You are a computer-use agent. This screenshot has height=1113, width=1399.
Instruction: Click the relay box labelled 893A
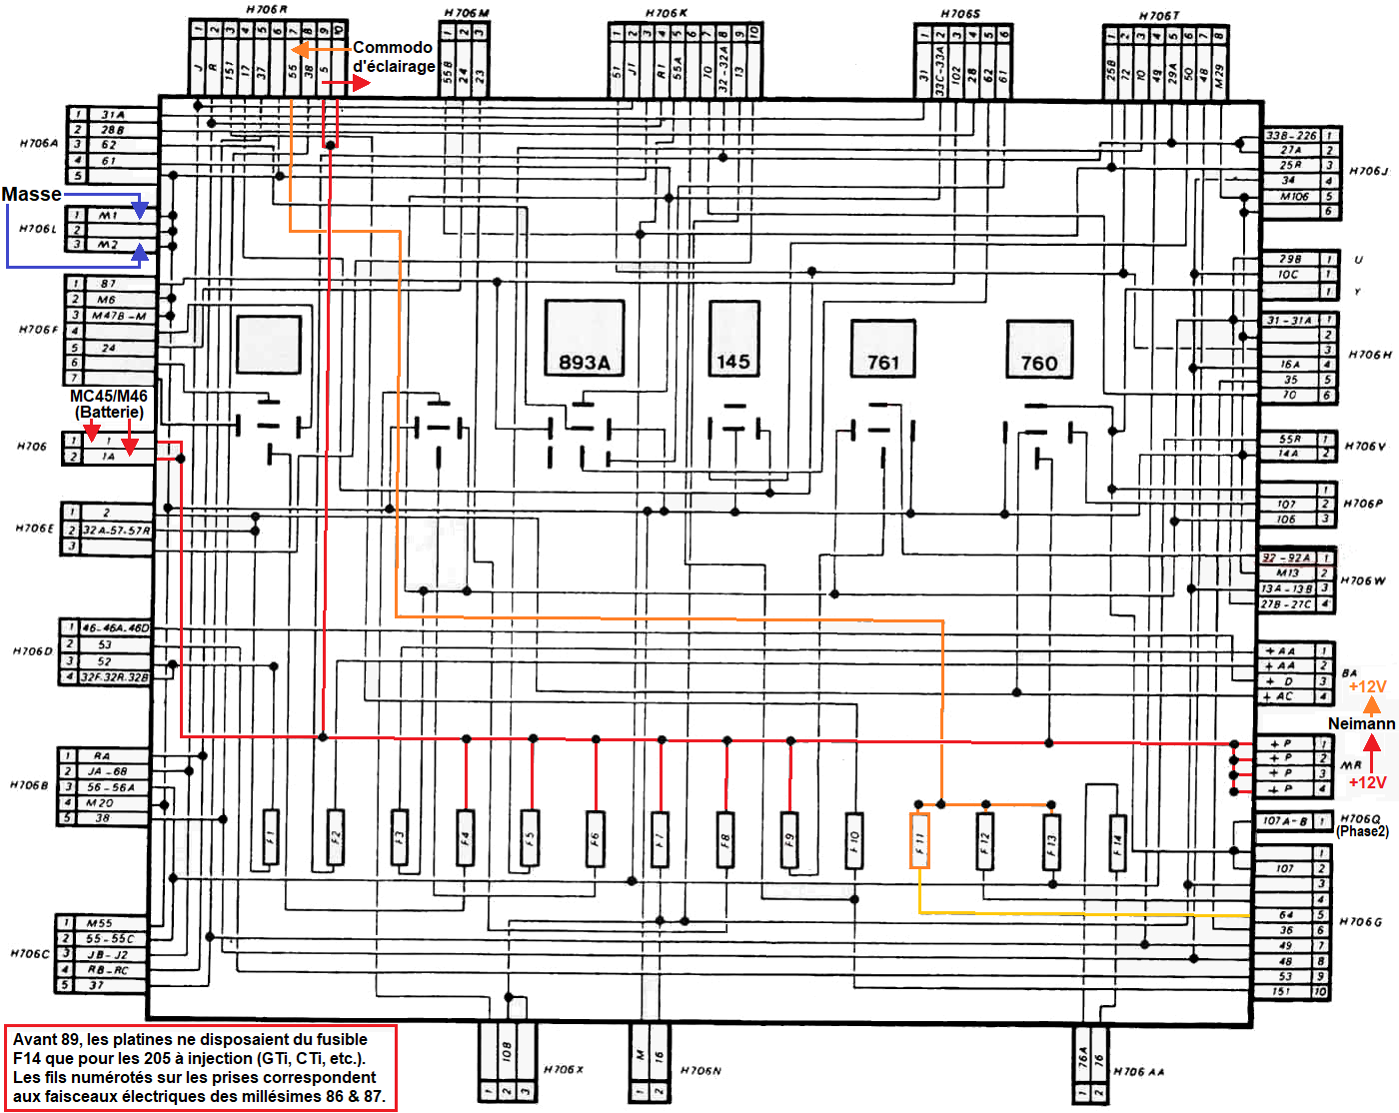pyautogui.click(x=585, y=338)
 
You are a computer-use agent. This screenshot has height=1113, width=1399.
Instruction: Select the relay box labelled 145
pyautogui.click(x=733, y=337)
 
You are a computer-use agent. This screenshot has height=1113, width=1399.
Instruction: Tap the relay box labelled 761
pyautogui.click(x=883, y=348)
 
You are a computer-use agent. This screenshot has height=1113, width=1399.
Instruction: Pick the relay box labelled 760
pyautogui.click(x=1039, y=349)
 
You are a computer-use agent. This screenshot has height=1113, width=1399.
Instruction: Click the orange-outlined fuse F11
pyautogui.click(x=919, y=839)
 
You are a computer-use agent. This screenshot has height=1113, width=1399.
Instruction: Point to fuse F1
pyautogui.click(x=270, y=835)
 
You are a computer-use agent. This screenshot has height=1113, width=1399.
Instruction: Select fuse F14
pyautogui.click(x=1117, y=839)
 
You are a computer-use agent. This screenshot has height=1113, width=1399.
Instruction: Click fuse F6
pyautogui.click(x=595, y=836)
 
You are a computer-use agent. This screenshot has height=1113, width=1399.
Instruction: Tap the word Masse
pyautogui.click(x=31, y=194)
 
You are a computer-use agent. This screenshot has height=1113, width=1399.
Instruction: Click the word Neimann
pyautogui.click(x=1361, y=723)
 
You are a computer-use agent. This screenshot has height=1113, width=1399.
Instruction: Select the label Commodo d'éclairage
pyautogui.click(x=394, y=57)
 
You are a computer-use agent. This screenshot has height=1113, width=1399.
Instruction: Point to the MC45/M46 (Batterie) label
pyautogui.click(x=109, y=404)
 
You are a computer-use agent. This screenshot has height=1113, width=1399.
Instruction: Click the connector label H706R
pyautogui.click(x=266, y=9)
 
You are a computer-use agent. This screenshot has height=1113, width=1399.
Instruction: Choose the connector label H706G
pyautogui.click(x=1360, y=921)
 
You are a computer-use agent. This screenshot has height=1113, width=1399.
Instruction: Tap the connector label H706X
pyautogui.click(x=563, y=1069)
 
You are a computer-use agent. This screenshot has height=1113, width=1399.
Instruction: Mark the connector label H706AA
pyautogui.click(x=1138, y=1071)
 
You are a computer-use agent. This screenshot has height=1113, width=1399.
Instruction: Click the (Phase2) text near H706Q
pyautogui.click(x=1362, y=831)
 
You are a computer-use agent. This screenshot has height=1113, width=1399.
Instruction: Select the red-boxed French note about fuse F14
pyautogui.click(x=200, y=1067)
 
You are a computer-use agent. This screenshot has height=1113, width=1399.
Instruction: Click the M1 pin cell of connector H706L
pyautogui.click(x=108, y=215)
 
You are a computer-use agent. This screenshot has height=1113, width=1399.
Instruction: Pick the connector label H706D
pyautogui.click(x=32, y=651)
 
